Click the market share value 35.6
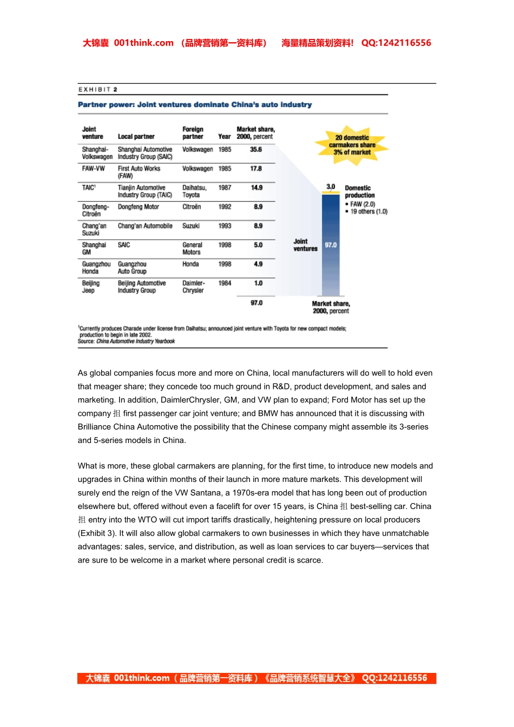coord(256,149)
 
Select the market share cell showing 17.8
coord(256,169)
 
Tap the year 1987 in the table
coord(225,188)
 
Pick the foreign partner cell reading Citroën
coord(192,207)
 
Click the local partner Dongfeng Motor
coord(139,207)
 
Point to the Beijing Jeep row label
coord(91,287)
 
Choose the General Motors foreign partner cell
coord(192,248)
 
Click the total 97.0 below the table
coord(256,303)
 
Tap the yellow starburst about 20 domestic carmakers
coord(352,145)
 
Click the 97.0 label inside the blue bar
coord(331,245)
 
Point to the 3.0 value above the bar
coord(331,187)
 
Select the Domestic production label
coord(360,191)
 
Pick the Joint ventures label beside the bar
coord(305,245)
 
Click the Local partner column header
coord(136,137)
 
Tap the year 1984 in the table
coord(225,283)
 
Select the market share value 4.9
coord(258,264)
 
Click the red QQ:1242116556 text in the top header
coord(396,43)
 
